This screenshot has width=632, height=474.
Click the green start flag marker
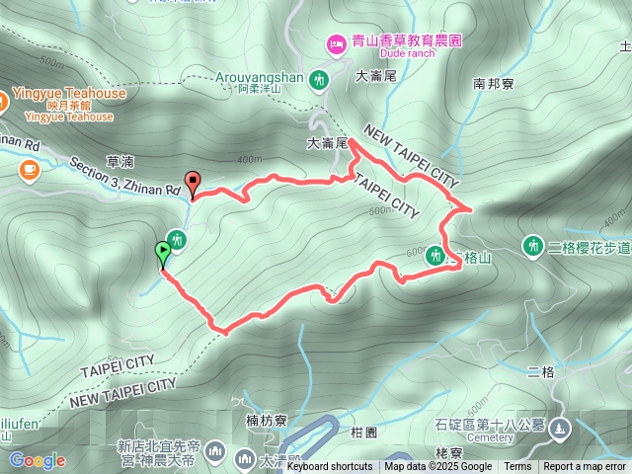[x=162, y=253]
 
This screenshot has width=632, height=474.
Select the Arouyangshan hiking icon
[x=319, y=78]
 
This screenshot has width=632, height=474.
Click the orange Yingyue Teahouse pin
[x=3, y=100]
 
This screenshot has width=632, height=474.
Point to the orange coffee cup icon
[x=28, y=171]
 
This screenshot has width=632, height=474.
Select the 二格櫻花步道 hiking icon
[x=533, y=244]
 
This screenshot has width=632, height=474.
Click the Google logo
[x=37, y=460]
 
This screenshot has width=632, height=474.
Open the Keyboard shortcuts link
[x=330, y=467]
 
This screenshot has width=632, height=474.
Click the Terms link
[x=517, y=467]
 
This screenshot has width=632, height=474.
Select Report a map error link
[x=585, y=467]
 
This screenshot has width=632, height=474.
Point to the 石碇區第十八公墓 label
[x=490, y=425]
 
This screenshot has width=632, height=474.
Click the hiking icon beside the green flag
[x=177, y=238]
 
